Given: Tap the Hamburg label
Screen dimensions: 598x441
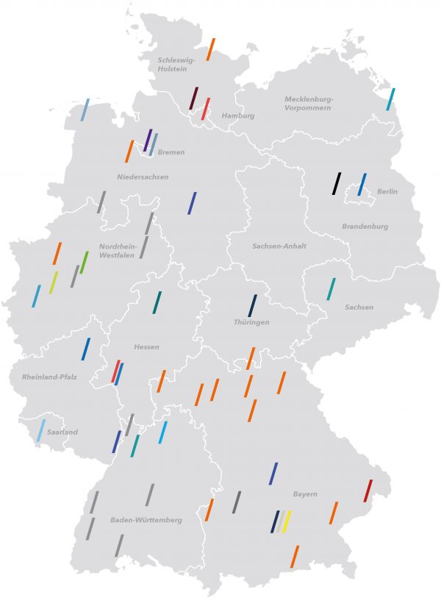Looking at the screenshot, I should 238,115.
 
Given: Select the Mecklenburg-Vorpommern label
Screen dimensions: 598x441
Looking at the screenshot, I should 309,103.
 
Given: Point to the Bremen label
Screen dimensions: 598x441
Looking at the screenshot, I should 171,152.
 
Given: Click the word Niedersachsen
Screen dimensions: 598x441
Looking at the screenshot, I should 143,177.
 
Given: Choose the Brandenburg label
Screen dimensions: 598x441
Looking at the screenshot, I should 365,227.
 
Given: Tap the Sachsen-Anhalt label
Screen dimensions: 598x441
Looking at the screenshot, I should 279,246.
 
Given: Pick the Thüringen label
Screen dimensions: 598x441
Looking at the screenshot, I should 251,322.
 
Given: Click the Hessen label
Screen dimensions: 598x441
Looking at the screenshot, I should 146,346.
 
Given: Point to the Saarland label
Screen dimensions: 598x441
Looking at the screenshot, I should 62,432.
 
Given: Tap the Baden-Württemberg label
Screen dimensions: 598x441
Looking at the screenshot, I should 146,520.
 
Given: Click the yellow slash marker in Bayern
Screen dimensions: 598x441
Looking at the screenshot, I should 287,522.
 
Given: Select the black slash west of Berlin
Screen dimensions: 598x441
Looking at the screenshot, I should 336,183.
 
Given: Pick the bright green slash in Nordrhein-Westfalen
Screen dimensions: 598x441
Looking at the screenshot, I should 84,263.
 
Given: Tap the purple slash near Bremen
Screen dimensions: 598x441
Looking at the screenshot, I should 148,140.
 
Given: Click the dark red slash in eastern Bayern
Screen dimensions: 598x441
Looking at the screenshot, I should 368,491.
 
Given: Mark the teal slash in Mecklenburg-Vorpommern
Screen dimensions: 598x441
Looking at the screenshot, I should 391,99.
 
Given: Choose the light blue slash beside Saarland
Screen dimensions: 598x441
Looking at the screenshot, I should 41,430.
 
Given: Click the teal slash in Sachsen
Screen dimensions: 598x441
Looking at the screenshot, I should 331,289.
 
